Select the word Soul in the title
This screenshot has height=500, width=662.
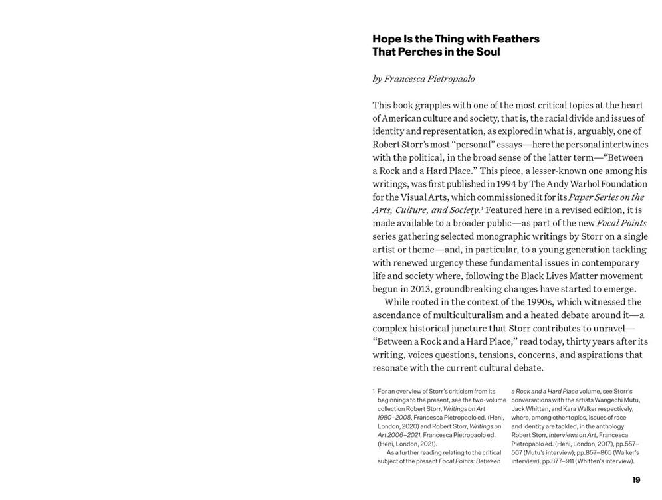pos(487,52)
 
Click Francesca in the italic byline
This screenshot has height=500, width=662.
pos(409,78)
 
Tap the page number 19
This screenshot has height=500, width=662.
pos(636,480)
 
